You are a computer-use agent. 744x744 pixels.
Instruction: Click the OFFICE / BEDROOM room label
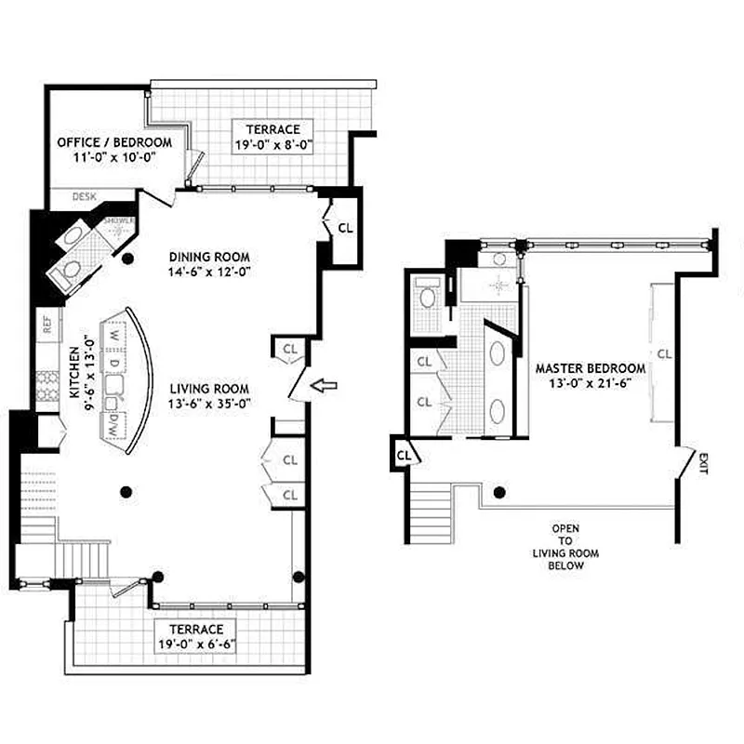tap(114, 142)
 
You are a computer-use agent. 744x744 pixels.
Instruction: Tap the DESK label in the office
tap(85, 197)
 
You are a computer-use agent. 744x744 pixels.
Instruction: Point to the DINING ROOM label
tap(210, 257)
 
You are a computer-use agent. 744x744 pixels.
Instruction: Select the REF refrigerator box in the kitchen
tap(46, 325)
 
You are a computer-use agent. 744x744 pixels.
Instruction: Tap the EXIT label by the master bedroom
tap(701, 461)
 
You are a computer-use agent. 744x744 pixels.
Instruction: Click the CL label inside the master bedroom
tap(663, 353)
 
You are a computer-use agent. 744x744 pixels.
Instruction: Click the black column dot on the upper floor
tap(500, 493)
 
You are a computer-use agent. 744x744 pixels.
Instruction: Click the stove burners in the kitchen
tap(46, 387)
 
